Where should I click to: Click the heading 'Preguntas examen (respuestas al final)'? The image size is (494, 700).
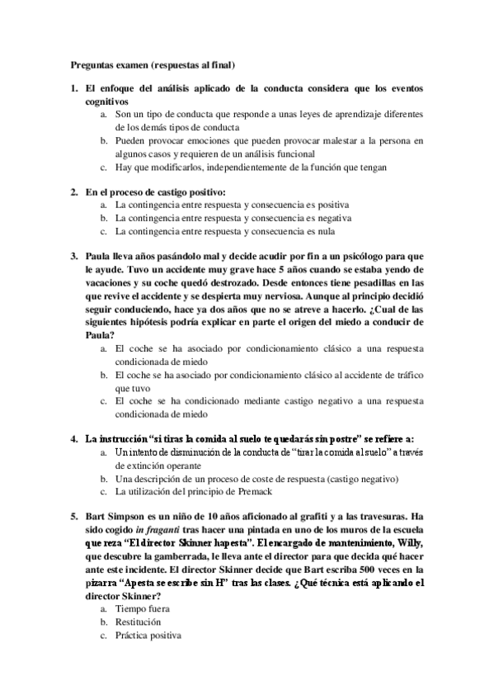pos(152,64)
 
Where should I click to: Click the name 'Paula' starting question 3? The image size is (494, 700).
pos(99,256)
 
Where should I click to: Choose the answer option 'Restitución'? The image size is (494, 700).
pos(138,622)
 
